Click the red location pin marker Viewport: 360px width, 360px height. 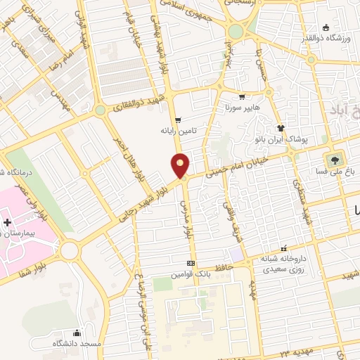click(181, 165)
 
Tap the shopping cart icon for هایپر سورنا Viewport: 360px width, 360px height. click(242, 97)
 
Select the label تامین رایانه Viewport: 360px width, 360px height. click(176, 130)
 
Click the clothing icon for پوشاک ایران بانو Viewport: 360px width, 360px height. click(281, 128)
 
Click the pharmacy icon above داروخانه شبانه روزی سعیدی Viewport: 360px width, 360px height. click(284, 248)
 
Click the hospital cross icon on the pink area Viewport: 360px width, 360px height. click(6, 222)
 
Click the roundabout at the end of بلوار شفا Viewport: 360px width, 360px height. click(69, 250)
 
